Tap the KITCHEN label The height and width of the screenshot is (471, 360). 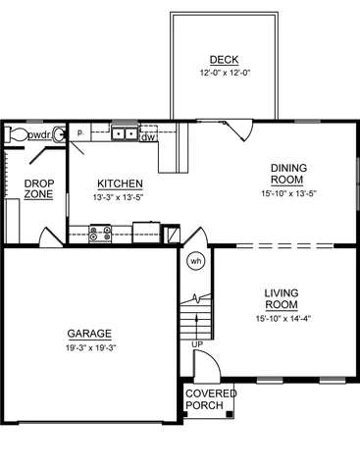click(121, 183)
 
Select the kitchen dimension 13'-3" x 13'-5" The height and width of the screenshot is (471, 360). click(121, 196)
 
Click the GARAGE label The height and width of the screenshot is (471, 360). click(88, 333)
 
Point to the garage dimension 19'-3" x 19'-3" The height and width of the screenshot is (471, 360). click(88, 346)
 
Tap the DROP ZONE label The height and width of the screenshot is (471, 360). click(39, 188)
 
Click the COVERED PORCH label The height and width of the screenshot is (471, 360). click(211, 399)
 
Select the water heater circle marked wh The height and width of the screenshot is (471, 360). click(195, 261)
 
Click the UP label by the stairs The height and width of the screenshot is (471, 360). click(197, 344)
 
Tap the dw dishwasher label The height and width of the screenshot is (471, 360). click(148, 137)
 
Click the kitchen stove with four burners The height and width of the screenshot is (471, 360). click(100, 233)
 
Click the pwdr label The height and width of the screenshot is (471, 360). click(40, 134)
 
